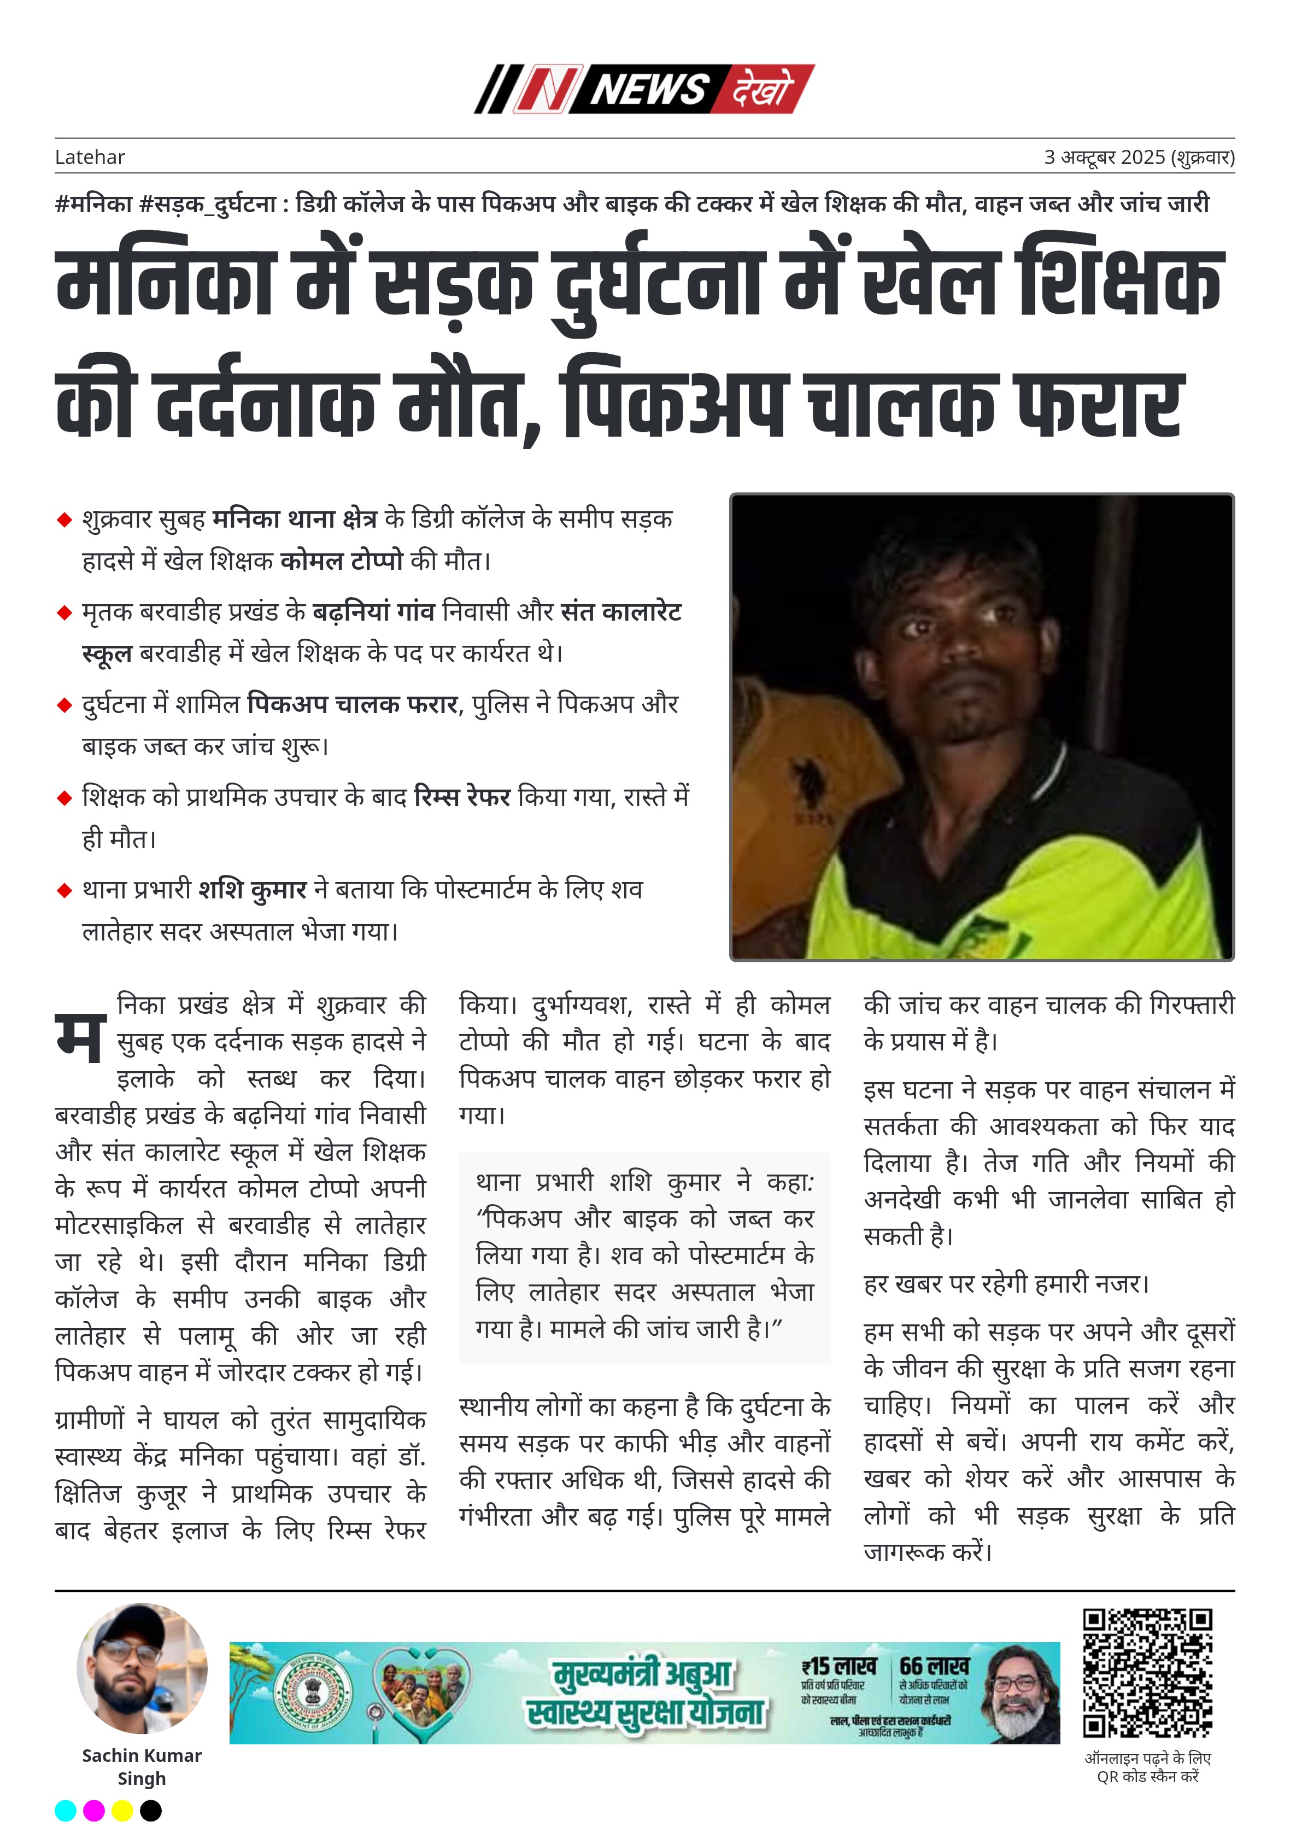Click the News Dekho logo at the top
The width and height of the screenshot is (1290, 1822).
644,89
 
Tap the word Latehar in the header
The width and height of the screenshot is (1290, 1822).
90,157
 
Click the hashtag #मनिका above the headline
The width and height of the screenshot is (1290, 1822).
93,204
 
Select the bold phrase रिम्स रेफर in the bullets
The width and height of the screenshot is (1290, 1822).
462,796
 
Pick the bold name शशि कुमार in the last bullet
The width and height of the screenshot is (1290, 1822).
253,889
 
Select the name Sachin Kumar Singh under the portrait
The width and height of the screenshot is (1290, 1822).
142,1766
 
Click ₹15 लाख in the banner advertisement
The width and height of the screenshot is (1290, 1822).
839,1666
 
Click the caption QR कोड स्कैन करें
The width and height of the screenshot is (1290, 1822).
1148,1776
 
